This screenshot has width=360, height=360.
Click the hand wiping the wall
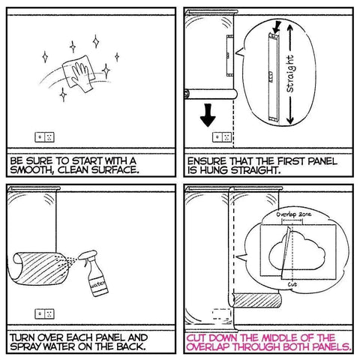81,76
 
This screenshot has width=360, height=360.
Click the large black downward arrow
208,115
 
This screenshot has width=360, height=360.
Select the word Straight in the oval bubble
290,73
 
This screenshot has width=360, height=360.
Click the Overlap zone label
294,214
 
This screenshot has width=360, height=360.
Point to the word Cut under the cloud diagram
292,284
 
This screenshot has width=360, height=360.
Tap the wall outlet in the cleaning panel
44,137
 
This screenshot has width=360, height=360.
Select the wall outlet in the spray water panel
44,314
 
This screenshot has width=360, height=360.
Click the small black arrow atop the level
277,27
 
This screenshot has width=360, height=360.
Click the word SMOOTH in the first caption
30,170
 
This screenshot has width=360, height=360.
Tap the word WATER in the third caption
60,347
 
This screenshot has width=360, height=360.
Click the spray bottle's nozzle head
87,255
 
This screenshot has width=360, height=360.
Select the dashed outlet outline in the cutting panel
222,314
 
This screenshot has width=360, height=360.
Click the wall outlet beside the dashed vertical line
222,137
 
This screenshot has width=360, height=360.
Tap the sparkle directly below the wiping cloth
63,95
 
